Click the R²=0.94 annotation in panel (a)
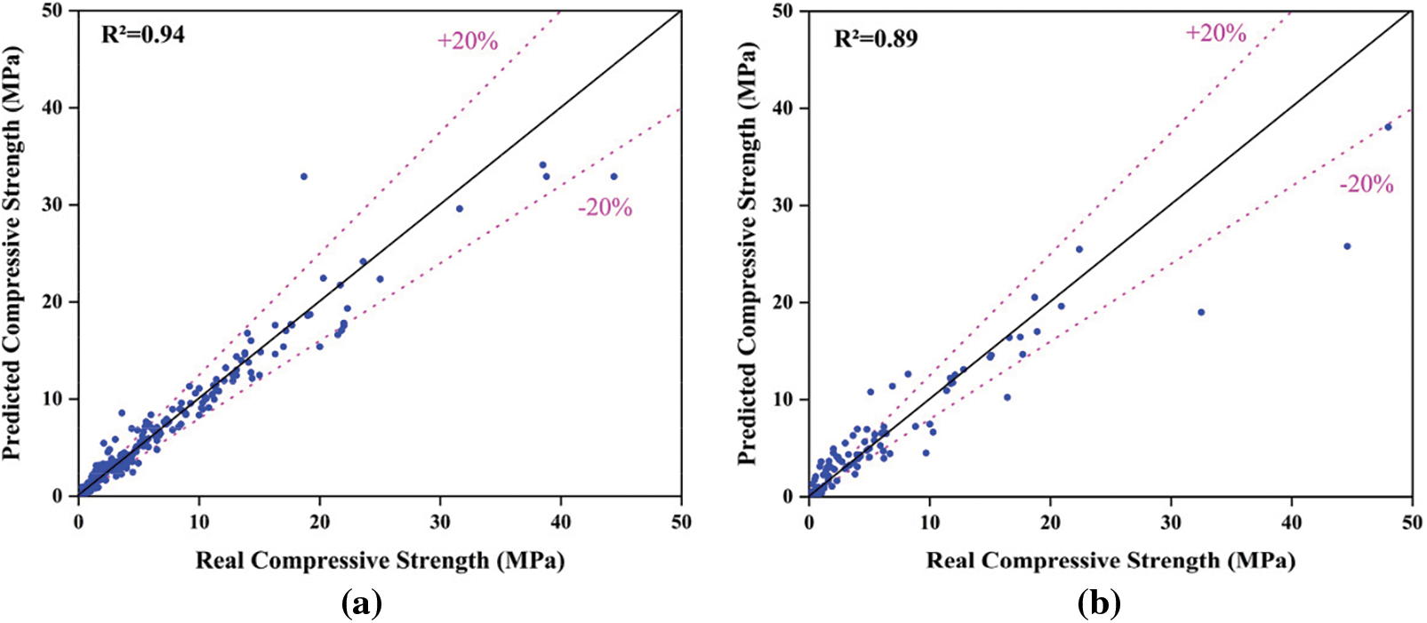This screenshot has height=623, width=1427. click(x=142, y=36)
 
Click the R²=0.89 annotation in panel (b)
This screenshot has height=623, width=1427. click(x=875, y=39)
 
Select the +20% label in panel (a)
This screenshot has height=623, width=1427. click(x=468, y=41)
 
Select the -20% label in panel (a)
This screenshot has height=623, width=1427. click(x=605, y=208)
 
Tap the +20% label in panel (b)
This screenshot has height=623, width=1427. click(x=1215, y=33)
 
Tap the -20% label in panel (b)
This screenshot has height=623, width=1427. click(x=1367, y=184)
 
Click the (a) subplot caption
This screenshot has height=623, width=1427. click(x=361, y=604)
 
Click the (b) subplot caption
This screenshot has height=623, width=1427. click(x=1099, y=604)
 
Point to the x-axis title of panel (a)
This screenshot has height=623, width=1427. click(x=380, y=561)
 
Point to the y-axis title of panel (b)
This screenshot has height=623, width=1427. click(x=748, y=253)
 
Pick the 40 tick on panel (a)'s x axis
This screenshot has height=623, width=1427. click(x=560, y=522)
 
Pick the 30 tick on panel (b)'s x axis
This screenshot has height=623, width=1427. click(x=1171, y=522)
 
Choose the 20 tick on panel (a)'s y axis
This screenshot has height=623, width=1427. click(x=55, y=302)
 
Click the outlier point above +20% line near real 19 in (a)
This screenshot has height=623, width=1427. click(x=303, y=177)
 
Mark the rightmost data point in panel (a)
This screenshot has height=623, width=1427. click(x=613, y=177)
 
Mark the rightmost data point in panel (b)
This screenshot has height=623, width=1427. click(x=1388, y=127)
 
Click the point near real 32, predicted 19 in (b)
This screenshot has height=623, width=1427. click(x=1201, y=312)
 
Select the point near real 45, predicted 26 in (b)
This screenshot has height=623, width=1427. click(x=1347, y=246)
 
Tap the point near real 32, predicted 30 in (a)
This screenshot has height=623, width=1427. click(x=460, y=209)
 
